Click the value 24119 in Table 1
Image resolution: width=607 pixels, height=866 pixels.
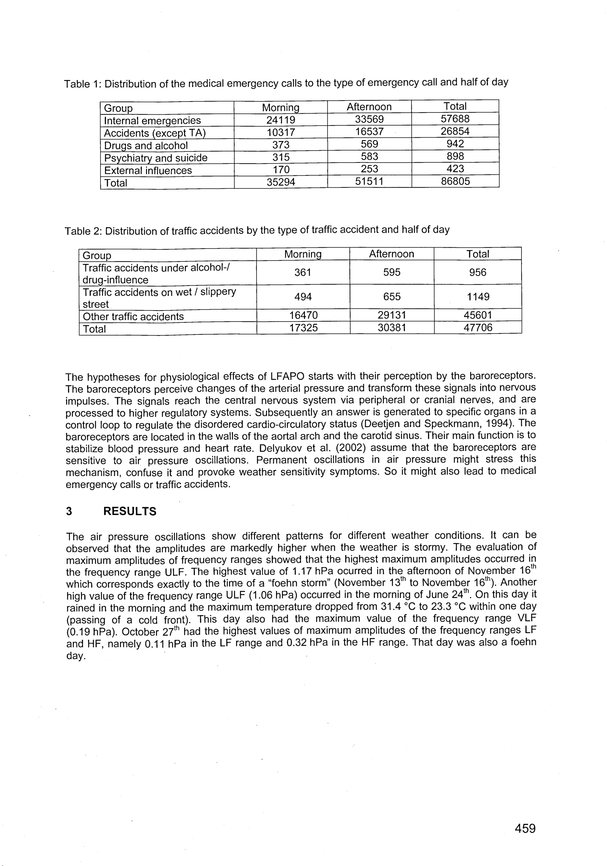[281, 120]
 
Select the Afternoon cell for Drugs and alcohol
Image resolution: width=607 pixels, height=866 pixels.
[369, 144]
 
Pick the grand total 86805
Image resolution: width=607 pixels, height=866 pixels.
[455, 181]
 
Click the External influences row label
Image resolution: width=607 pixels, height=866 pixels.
[148, 171]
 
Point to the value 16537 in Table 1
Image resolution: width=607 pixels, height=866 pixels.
[369, 132]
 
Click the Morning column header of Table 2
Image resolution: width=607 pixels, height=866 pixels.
[303, 254]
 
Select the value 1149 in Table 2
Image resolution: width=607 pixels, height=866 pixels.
[478, 297]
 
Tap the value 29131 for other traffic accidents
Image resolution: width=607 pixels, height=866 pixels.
[392, 315]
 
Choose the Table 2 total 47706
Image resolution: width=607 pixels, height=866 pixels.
[478, 327]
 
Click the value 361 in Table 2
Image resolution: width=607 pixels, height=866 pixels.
[303, 272]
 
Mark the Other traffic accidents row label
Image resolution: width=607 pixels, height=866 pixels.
[133, 316]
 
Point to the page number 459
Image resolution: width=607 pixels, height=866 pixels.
[525, 829]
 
